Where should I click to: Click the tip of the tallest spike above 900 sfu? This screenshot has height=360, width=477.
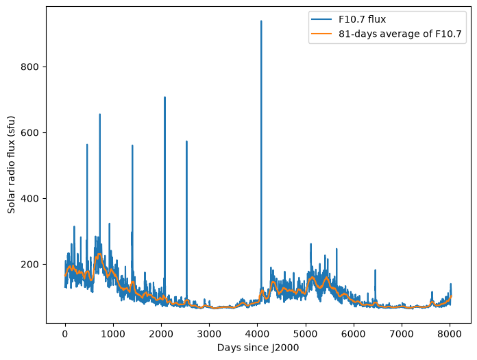tap(261, 21)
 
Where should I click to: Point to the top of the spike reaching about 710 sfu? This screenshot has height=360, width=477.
tap(165, 97)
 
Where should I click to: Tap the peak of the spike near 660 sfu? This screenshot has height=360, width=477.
tap(100, 114)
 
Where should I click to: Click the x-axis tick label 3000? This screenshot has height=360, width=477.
tap(209, 334)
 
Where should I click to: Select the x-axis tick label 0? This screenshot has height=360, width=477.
tap(65, 334)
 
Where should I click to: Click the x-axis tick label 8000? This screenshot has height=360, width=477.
tap(450, 334)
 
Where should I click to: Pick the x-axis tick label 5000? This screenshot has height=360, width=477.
tap(306, 334)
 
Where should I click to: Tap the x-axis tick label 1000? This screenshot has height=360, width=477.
tap(113, 334)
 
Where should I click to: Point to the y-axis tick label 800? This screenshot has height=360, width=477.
tap(30, 67)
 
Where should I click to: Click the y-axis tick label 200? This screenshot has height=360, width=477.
tap(30, 265)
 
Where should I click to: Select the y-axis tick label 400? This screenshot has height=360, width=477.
tap(30, 198)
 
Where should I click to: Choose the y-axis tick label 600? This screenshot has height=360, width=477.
tap(30, 132)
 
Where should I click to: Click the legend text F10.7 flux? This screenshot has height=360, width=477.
tap(362, 19)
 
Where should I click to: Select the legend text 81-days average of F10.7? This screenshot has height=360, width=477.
tap(400, 34)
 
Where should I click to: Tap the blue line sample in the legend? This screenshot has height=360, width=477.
tap(321, 19)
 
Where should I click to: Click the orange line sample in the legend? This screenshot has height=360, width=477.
tap(321, 34)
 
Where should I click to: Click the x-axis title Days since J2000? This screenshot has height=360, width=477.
tap(258, 348)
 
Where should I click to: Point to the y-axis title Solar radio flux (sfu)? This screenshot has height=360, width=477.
tap(11, 165)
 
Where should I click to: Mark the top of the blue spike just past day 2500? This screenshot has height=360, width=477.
tap(186, 141)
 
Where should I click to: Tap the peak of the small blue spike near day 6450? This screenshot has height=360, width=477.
tap(375, 270)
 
